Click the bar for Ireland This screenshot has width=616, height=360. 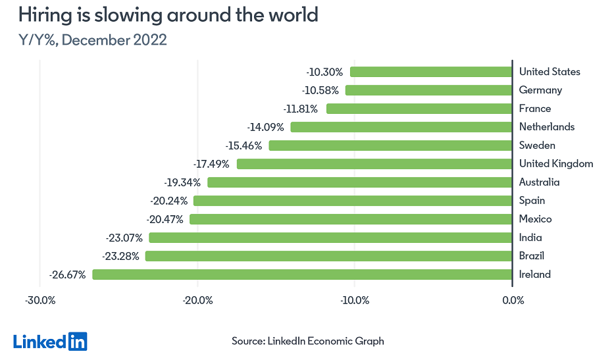(x=302, y=274)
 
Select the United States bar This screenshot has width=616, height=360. (x=431, y=72)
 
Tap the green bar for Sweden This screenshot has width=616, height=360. (x=390, y=145)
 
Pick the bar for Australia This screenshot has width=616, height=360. (x=360, y=182)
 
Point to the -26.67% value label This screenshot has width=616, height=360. (x=68, y=274)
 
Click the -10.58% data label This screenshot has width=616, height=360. (x=322, y=90)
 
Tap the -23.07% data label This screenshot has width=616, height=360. (x=124, y=238)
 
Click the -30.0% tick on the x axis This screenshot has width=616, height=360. (x=40, y=301)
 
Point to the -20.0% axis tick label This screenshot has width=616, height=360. (x=197, y=301)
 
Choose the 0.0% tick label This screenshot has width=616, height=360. (x=513, y=301)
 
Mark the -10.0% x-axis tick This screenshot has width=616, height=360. (x=355, y=301)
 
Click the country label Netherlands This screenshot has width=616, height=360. (x=547, y=127)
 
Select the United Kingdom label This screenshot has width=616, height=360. (x=556, y=164)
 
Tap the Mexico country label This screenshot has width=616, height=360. (x=535, y=219)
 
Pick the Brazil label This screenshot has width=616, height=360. (x=531, y=256)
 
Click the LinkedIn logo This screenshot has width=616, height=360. (x=50, y=341)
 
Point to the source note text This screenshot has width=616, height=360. (x=307, y=341)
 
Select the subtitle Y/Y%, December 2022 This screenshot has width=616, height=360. (x=93, y=40)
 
